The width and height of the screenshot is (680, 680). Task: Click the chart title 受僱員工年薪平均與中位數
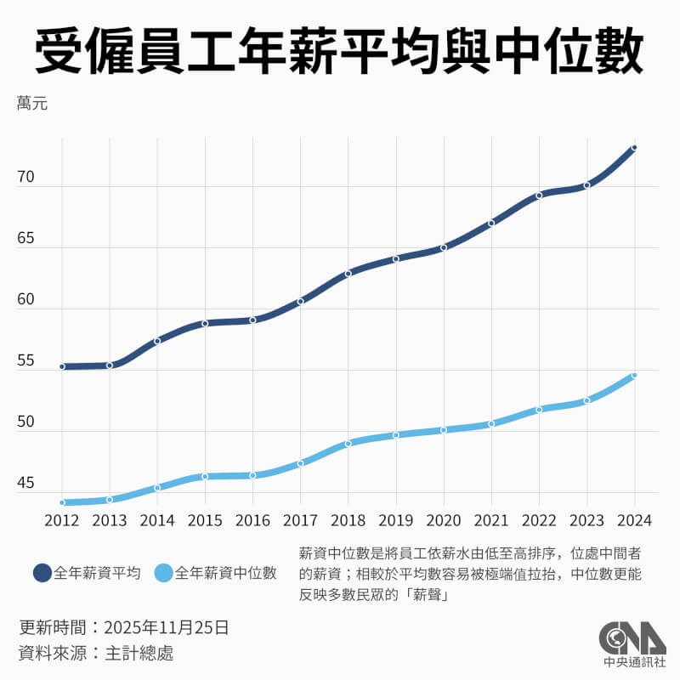pos(339,53)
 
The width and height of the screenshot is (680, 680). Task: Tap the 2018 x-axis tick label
pos(348,518)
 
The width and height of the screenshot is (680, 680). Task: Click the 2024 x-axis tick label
pos(634,518)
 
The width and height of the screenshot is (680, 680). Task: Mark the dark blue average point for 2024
pos(634,148)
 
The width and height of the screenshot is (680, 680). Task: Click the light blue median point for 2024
pos(634,375)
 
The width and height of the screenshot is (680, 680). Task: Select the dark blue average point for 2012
pos(62,366)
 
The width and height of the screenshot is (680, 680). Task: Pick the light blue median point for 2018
pos(348,443)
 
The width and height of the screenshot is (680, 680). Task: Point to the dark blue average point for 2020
pos(444,247)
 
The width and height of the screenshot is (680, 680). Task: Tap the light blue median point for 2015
pos(205,476)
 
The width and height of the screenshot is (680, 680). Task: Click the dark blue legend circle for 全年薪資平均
pos(42,573)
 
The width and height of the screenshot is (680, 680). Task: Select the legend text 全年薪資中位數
pos(225,573)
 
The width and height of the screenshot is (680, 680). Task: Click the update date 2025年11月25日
pos(167,628)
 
